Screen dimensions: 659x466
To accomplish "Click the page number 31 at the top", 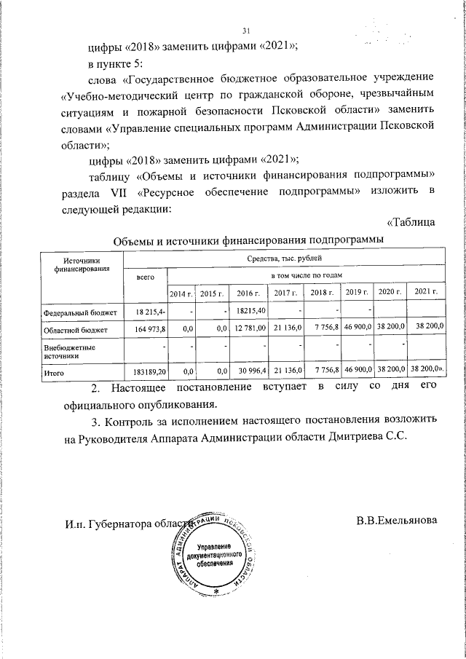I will coord(246,30).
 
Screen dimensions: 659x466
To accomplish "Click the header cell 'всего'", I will coord(146,277).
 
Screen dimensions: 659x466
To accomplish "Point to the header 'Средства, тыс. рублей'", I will coord(284,259).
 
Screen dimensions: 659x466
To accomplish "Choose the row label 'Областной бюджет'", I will coord(75,330).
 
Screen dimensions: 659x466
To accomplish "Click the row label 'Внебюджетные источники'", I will coord(71,352).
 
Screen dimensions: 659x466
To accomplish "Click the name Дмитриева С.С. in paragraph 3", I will coord(373,438).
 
